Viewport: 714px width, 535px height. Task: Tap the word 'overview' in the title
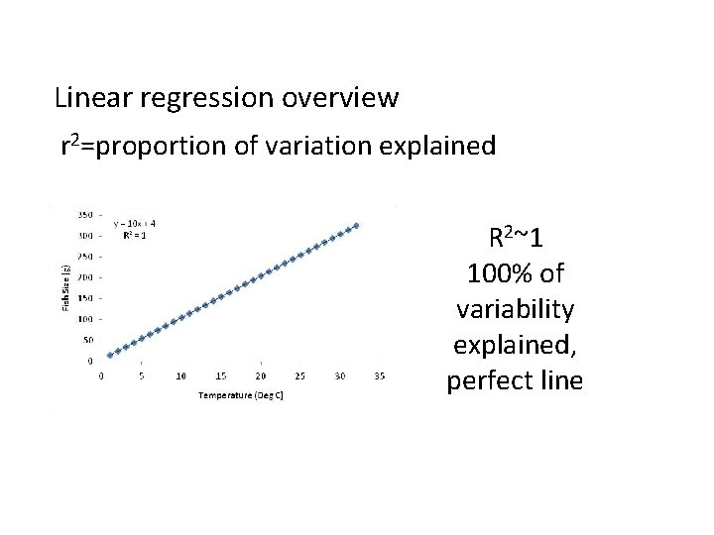click(x=341, y=99)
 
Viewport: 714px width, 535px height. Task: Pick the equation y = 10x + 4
click(x=134, y=222)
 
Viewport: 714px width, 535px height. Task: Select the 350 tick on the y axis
click(x=86, y=215)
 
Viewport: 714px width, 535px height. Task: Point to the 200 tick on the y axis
click(x=86, y=277)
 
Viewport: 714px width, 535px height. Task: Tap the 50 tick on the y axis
click(x=88, y=340)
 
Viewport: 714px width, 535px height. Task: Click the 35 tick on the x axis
click(x=379, y=376)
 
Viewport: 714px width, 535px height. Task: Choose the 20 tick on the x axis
click(x=260, y=376)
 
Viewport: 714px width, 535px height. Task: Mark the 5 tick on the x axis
click(x=141, y=376)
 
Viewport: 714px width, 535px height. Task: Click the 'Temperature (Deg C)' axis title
click(x=241, y=394)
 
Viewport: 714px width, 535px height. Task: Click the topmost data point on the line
click(x=357, y=225)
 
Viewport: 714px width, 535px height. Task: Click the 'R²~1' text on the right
click(x=514, y=239)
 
